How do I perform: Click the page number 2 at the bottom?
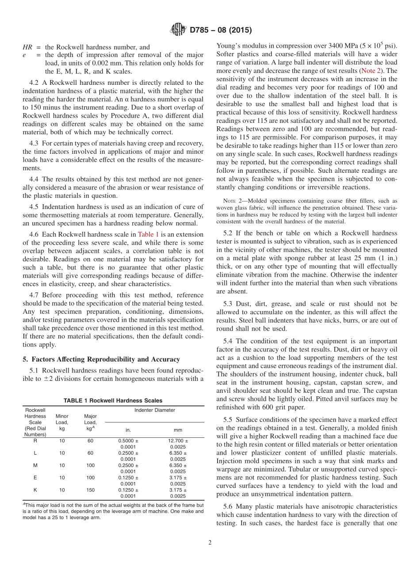[x=210, y=542]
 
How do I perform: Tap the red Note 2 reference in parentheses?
[x=372, y=70]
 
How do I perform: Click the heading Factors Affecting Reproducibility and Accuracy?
[x=101, y=359]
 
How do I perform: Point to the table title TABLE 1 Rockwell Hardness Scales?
[x=113, y=401]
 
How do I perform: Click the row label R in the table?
[x=35, y=440]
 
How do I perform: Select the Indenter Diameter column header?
[x=155, y=410]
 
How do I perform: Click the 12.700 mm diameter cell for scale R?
[x=176, y=440]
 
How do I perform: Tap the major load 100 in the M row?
[x=90, y=465]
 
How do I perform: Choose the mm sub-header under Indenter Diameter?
[x=178, y=430]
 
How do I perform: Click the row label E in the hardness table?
[x=35, y=478]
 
